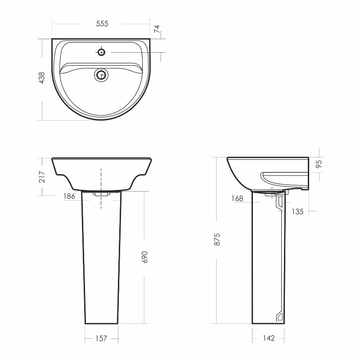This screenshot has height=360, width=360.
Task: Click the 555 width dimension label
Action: (x=102, y=24)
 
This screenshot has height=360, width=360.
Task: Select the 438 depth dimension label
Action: (x=42, y=77)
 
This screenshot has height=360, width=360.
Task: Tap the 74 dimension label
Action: (x=157, y=29)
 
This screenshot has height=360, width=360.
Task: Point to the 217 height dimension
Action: (x=42, y=176)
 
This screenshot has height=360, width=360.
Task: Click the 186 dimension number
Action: (x=69, y=196)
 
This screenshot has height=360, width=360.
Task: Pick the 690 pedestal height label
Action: (x=144, y=257)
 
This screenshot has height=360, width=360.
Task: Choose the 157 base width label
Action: (x=101, y=338)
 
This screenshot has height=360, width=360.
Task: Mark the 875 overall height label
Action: (x=217, y=239)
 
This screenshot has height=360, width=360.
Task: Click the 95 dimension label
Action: (x=319, y=164)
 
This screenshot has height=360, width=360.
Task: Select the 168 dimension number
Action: (x=237, y=198)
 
